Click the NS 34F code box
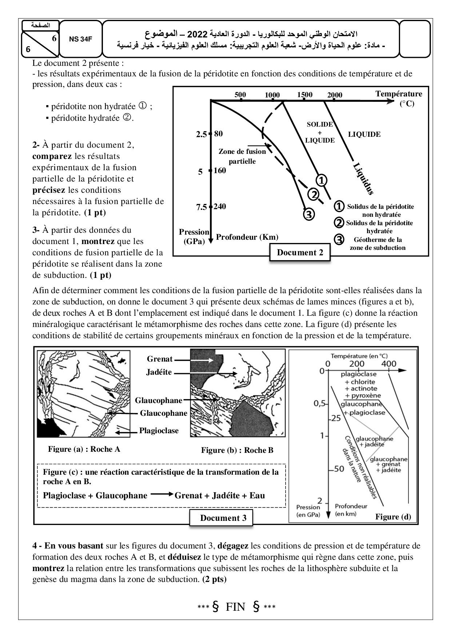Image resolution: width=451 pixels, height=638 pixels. pos(80,40)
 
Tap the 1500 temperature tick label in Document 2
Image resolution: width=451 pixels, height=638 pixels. pos(304,95)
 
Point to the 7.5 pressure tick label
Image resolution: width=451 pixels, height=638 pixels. pos(201,207)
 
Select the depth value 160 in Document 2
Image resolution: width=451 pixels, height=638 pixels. pos(220,170)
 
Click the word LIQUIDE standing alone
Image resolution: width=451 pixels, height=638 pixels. pos(364,134)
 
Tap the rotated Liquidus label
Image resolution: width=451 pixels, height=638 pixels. pos(363,179)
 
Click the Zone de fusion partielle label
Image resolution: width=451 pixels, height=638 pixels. pos(242,156)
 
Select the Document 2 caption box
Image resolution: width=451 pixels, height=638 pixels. pos(300,252)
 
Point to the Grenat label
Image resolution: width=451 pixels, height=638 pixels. pos(160,359)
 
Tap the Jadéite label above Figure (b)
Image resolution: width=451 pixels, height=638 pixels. pos(159,372)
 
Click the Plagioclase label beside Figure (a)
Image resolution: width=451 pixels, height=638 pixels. pos(159,431)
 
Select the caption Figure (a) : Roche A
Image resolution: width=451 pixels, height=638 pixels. pos(84,449)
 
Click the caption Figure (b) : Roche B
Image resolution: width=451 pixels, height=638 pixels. pos(237,450)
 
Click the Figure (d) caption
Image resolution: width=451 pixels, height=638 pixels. pos(393,517)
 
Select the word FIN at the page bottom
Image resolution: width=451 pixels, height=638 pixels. pos(236,607)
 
